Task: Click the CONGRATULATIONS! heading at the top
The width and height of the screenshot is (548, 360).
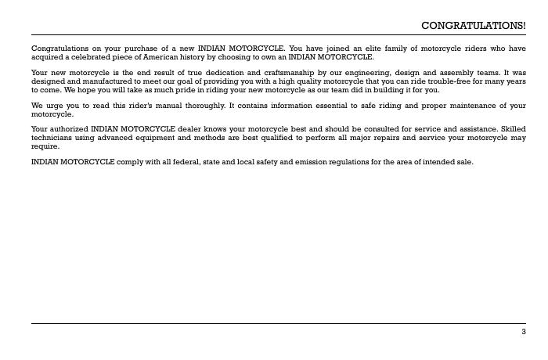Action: [x=474, y=26]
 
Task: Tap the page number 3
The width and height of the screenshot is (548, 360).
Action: [x=524, y=332]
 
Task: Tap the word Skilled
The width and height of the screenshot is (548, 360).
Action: [x=511, y=128]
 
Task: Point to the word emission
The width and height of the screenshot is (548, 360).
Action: [x=305, y=161]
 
